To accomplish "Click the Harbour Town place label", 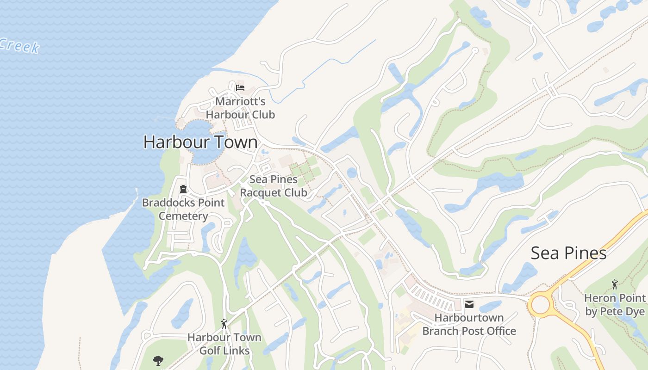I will click(x=200, y=142).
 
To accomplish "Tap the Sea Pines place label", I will click(x=568, y=253).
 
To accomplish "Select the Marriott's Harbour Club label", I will click(x=240, y=108).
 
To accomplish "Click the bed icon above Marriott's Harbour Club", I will click(x=240, y=87).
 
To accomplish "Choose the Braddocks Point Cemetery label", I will click(x=183, y=209).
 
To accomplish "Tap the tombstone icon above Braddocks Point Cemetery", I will click(x=183, y=189).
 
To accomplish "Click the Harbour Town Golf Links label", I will click(x=224, y=344).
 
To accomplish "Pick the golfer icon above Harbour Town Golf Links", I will click(x=224, y=324).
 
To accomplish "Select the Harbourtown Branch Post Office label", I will click(x=469, y=324).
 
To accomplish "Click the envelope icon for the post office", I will click(x=469, y=304).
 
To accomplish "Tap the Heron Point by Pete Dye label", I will click(x=615, y=305).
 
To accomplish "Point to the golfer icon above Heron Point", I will click(x=615, y=284).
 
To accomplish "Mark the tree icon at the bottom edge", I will click(x=158, y=360).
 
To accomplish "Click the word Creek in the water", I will click(x=19, y=46).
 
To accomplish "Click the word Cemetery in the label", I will click(x=183, y=216).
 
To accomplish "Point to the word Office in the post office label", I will click(x=499, y=331).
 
